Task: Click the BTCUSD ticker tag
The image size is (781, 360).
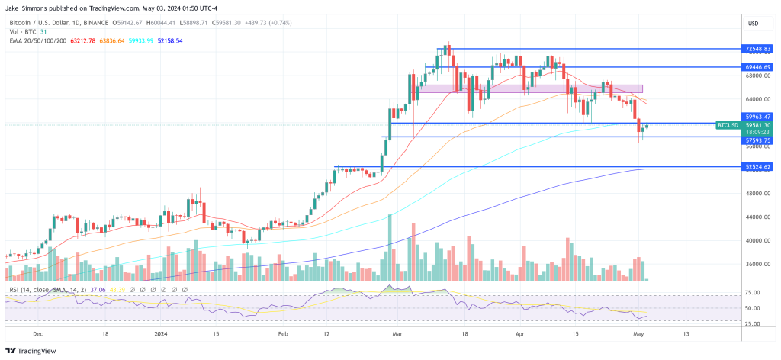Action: (x=728, y=124)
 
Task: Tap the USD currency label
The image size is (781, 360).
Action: (x=754, y=22)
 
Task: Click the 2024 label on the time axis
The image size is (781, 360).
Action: (x=160, y=334)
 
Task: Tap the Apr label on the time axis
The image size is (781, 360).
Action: (x=521, y=334)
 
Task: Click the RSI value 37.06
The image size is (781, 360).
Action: (x=98, y=290)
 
